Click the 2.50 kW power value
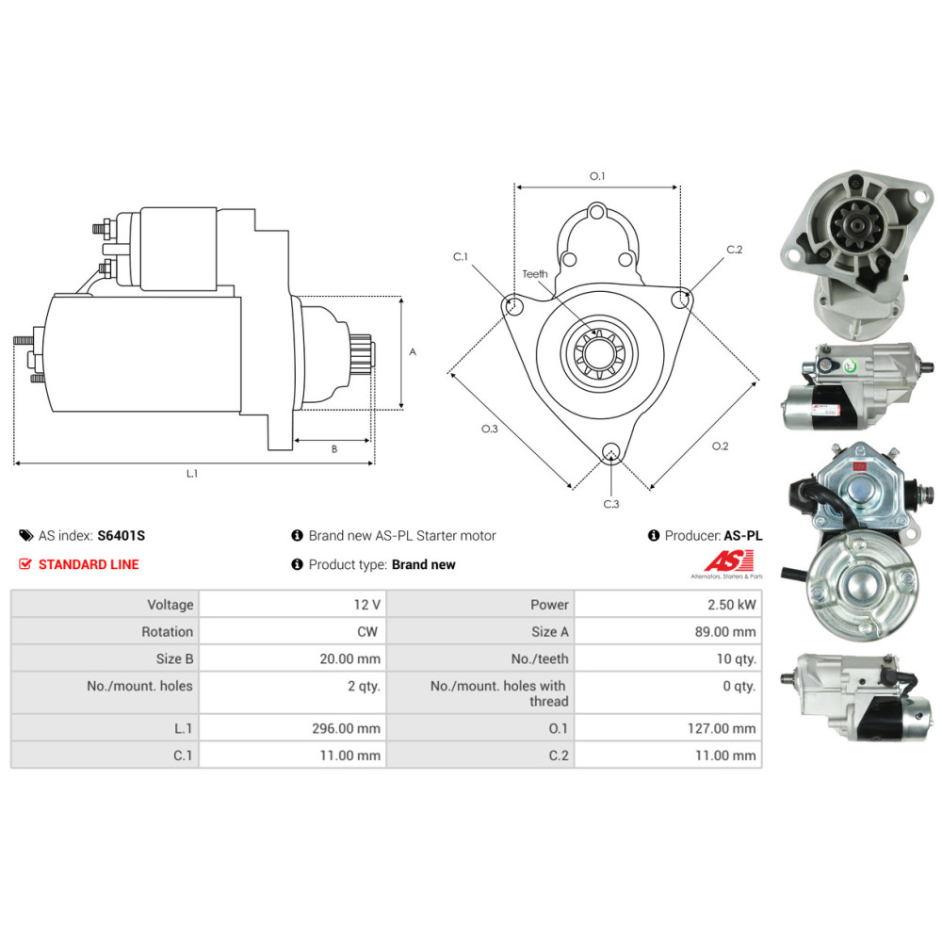tap(731, 605)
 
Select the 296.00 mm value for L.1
tap(346, 728)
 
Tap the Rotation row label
tap(167, 631)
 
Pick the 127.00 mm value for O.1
tap(722, 728)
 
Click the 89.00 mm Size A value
tap(725, 631)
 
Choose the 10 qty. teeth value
tap(736, 658)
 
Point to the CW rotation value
tap(367, 631)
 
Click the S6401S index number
tap(121, 535)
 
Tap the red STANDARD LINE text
tap(89, 564)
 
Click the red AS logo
tap(729, 561)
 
